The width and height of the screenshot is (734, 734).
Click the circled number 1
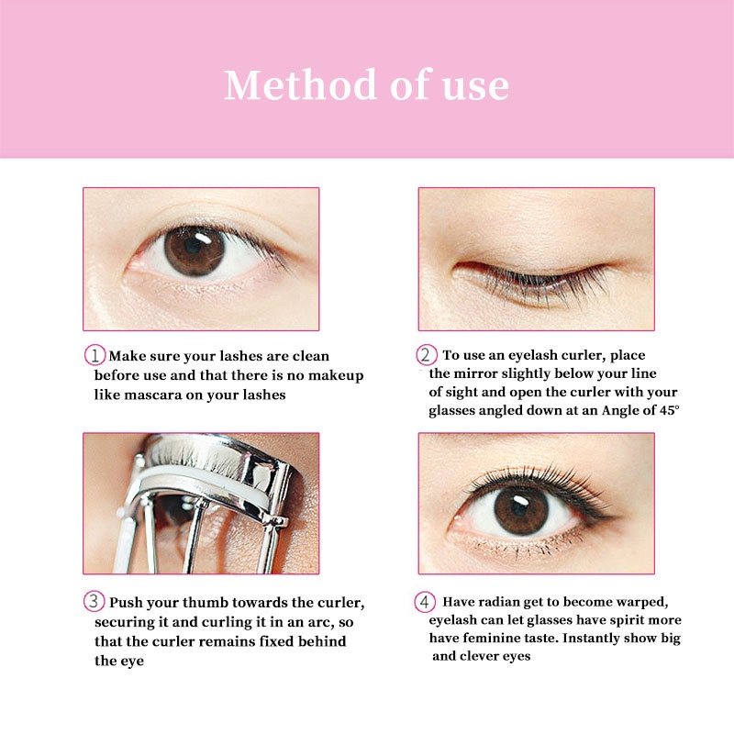point(95,356)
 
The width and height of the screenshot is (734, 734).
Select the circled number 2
point(427,356)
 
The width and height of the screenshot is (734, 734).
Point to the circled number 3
point(95,603)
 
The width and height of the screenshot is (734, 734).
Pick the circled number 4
point(425,603)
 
